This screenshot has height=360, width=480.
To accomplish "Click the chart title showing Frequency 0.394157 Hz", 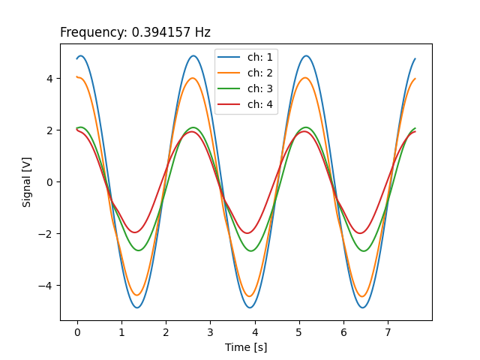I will (x=135, y=33).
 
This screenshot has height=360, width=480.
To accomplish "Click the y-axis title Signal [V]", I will (x=27, y=181).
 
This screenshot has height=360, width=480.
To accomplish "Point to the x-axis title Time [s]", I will (x=246, y=347).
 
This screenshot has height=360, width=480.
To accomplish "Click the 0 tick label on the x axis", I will (x=77, y=331).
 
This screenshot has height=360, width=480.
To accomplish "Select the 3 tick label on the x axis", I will (x=211, y=331).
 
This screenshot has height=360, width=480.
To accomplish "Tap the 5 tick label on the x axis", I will (x=299, y=331).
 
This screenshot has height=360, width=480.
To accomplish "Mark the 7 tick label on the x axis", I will (x=388, y=331).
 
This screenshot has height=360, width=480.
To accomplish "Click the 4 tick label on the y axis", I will (x=50, y=78).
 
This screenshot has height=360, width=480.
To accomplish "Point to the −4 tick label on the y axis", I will (x=47, y=286).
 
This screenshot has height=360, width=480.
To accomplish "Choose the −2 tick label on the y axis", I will (x=47, y=234).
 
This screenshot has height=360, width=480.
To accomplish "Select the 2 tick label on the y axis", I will (x=50, y=130).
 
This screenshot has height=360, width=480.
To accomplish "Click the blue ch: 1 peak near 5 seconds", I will (x=306, y=55).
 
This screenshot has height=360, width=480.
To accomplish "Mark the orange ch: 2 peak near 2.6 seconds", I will (x=193, y=78).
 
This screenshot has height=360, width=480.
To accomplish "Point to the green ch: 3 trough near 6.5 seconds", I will (x=364, y=250).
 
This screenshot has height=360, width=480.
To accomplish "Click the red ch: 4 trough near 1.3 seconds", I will (x=136, y=232).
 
